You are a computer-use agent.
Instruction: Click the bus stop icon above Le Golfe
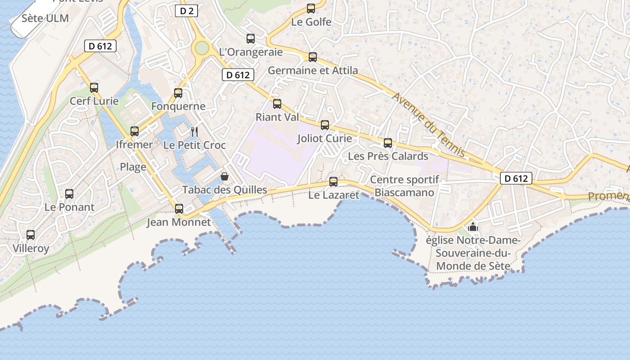tap(310, 8)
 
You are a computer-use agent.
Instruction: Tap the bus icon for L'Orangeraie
tap(251, 39)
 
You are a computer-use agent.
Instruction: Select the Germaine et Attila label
tap(313, 71)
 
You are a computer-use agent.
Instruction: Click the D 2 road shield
tap(186, 11)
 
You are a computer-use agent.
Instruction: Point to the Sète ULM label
tap(45, 18)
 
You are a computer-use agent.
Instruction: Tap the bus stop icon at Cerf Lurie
tap(94, 87)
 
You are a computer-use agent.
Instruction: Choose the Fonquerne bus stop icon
tap(178, 93)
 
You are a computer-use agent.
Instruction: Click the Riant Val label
tap(277, 117)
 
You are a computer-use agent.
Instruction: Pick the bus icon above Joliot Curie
tap(325, 125)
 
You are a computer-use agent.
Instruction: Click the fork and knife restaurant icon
tap(194, 131)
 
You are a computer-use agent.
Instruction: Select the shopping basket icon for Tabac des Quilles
tap(225, 176)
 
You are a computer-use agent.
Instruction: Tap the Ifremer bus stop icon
tap(135, 131)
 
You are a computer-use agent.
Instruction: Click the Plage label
tap(133, 167)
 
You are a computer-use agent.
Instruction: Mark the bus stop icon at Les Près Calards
tap(388, 143)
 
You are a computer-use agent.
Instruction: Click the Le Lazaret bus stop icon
tap(333, 182)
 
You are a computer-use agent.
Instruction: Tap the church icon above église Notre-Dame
tap(472, 227)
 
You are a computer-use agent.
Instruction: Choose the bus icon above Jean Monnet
tap(179, 208)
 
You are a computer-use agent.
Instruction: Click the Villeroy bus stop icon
tap(31, 235)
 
